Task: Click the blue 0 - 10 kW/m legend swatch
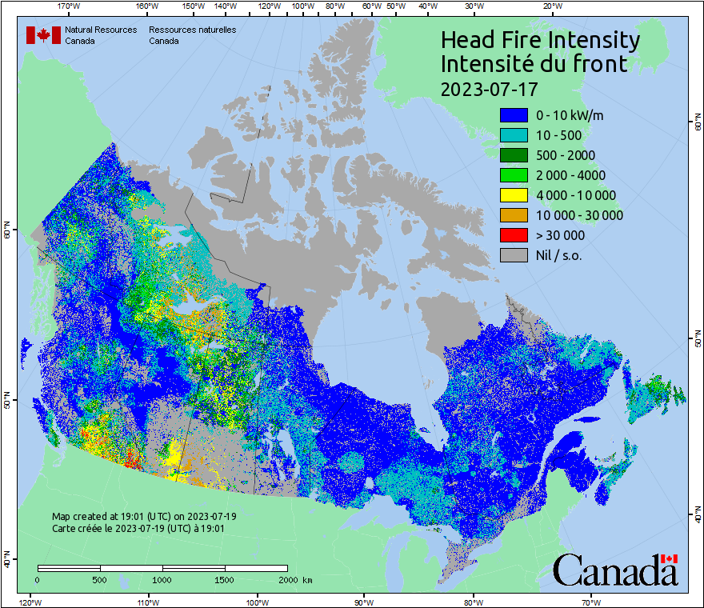point(514,115)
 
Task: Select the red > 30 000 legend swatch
point(514,235)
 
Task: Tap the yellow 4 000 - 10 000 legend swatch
point(514,195)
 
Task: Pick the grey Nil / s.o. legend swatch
point(514,255)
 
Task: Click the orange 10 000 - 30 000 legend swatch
point(514,215)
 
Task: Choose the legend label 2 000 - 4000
point(571,175)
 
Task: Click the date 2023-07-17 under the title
point(489,87)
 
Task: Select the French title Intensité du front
point(534,64)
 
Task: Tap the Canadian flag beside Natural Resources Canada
point(43,35)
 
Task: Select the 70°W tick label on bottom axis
point(590,600)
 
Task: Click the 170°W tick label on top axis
point(70,6)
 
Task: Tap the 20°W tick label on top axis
point(550,6)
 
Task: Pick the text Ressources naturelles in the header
point(192,30)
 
